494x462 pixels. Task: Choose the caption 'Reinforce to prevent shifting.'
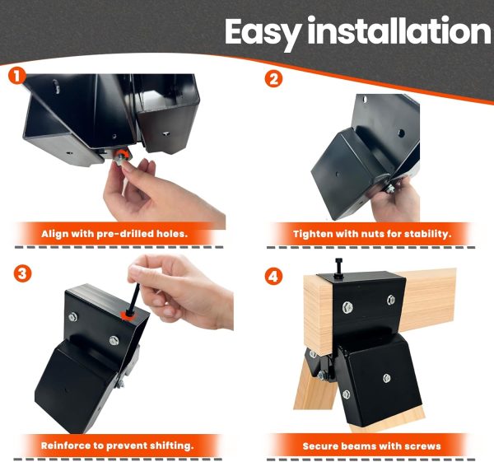click(x=117, y=446)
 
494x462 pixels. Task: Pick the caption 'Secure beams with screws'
click(x=371, y=446)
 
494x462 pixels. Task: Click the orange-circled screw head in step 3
click(x=127, y=314)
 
